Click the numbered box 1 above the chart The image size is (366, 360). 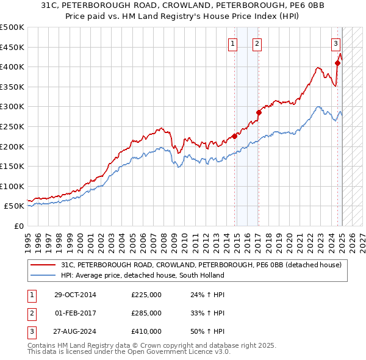(233, 43)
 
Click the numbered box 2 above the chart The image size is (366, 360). (257, 43)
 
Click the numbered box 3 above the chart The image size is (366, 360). (336, 43)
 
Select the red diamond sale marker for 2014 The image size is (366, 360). (235, 136)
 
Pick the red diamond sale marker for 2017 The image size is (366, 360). (259, 112)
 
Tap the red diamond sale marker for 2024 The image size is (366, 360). (337, 62)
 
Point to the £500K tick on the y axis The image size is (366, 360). (12, 27)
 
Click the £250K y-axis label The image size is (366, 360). (12, 126)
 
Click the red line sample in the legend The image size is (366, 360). (43, 265)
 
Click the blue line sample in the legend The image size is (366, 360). (43, 276)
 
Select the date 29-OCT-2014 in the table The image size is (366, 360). (75, 295)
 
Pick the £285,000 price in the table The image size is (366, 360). (146, 313)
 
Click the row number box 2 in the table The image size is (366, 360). (32, 313)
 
